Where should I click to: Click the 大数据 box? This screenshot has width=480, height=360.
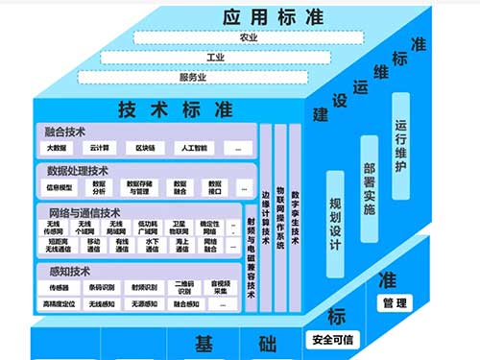pos(59,149)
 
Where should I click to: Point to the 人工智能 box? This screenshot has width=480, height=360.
pos(196,149)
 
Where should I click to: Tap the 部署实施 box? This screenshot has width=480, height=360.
pos(369,187)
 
